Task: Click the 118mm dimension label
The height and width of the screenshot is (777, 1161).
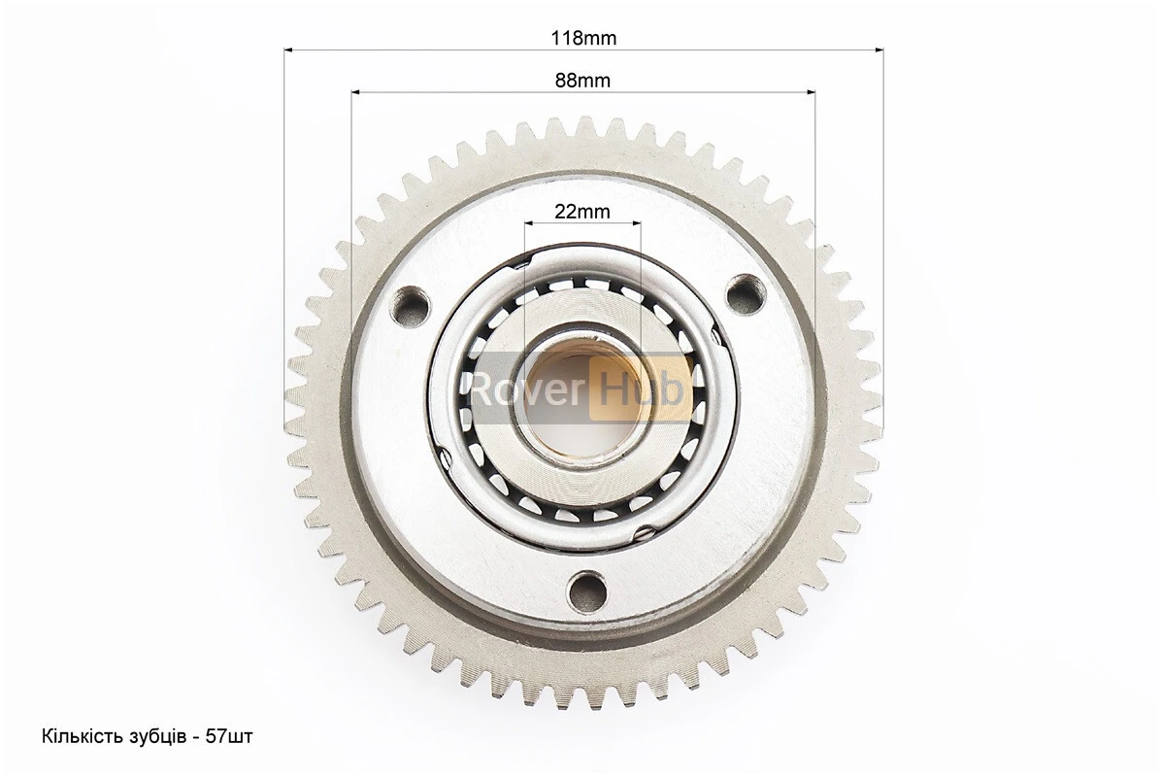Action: coord(582,38)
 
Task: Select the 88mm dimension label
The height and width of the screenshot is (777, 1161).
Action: coord(582,80)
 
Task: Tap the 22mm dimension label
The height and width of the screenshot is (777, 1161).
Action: coord(582,212)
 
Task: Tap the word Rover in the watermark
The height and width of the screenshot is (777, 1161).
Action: coord(527,388)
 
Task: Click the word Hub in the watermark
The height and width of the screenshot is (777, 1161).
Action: coord(642,388)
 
